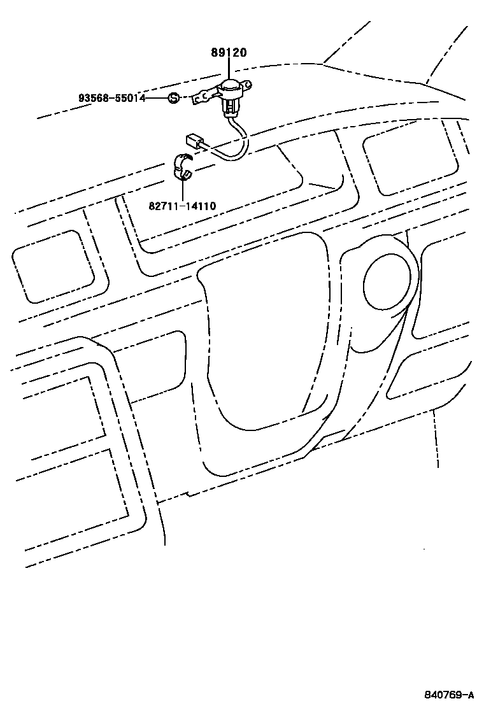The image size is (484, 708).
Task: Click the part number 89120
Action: pos(229,53)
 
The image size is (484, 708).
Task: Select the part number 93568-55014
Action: pos(112,98)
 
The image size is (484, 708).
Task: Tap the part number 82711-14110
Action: pos(182,206)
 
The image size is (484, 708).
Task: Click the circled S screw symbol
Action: pos(173,98)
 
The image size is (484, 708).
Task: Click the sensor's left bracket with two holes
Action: pos(203,97)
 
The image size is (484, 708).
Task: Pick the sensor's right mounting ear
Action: pos(249,83)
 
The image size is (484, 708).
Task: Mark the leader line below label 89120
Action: pos(229,68)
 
